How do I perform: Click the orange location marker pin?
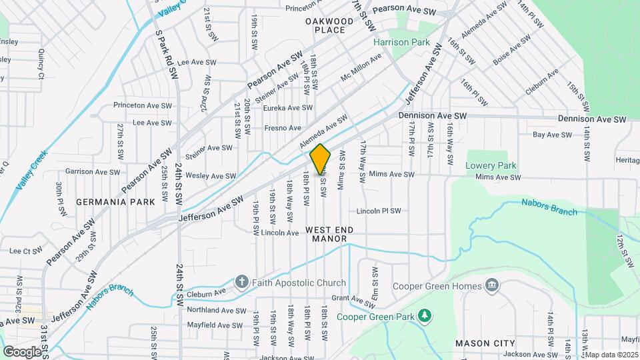pos(321,159)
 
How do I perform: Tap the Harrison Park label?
pos(401,42)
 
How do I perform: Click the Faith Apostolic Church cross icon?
pos(241,282)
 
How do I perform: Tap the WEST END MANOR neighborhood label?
pos(330,235)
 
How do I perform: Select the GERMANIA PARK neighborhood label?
pos(115,201)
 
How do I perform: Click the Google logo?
pos(22,351)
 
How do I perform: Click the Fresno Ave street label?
pos(281,128)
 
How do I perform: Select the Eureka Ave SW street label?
pos(287,107)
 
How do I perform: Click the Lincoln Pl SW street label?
pos(379,211)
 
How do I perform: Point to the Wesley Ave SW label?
pos(211,176)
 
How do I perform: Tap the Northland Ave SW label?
pos(217,311)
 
